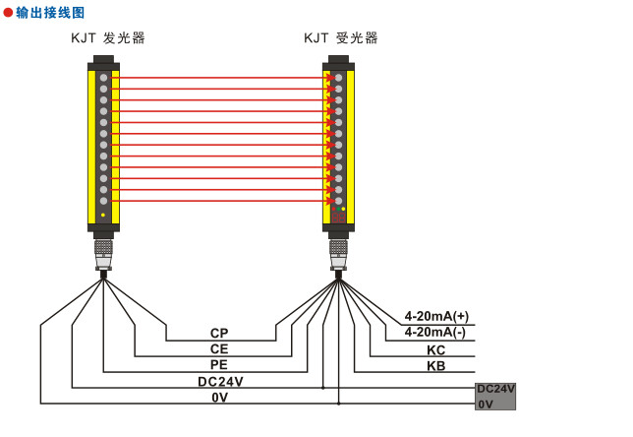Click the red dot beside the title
coord(9,13)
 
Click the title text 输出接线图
coord(51,13)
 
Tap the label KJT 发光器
coord(108,38)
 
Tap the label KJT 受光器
coord(341,38)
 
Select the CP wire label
coord(219,334)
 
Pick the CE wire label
coord(219,349)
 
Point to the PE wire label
coord(219,365)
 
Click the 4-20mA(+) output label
coord(436,317)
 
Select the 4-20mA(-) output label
coord(436,333)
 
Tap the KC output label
coord(436,349)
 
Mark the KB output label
coord(436,365)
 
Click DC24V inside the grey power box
coord(495,389)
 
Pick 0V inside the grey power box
coord(486,404)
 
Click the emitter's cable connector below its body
coord(103,251)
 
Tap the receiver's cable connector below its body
coord(338,251)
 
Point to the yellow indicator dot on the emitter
coord(103,214)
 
